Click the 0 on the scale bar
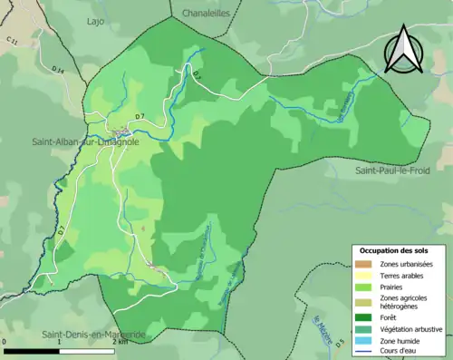coord(5,343)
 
